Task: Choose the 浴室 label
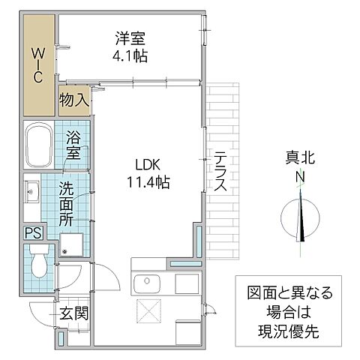click(73, 145)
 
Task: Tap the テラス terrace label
click(220, 173)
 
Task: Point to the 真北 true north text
click(300, 157)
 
